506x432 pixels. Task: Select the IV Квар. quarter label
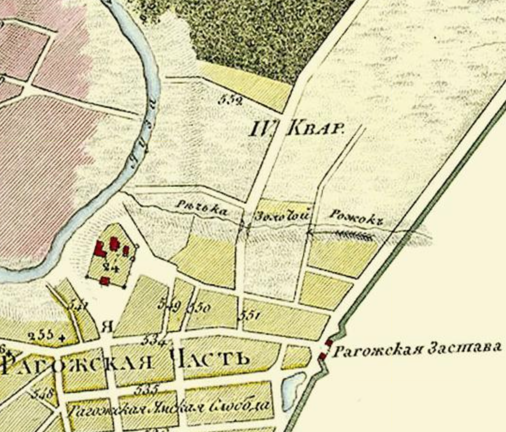[297, 128]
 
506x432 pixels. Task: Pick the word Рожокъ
[355, 218]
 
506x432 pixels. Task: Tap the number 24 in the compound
[110, 268]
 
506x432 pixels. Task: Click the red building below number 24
[105, 280]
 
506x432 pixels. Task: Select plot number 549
[170, 305]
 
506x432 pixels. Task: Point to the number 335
[146, 389]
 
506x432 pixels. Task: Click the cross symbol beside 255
[61, 336]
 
